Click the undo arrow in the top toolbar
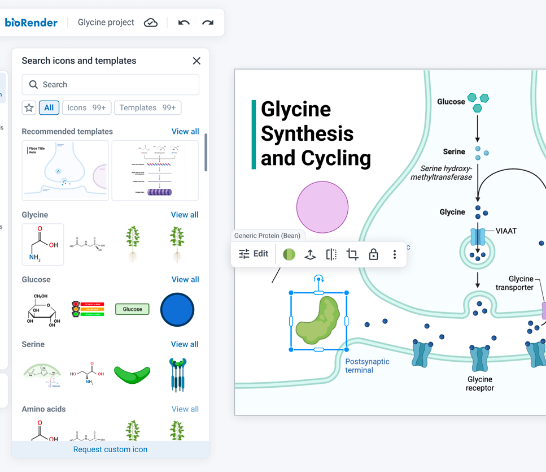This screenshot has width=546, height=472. point(184,23)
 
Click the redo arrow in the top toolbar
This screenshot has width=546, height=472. point(208,23)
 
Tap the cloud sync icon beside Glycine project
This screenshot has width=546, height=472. point(151,23)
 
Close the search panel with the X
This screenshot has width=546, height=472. point(196,61)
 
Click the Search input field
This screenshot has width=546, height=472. point(111,85)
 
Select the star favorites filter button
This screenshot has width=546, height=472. point(29,107)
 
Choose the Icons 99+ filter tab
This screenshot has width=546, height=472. point(86,107)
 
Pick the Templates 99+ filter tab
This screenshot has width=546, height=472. point(147,107)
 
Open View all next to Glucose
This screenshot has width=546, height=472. point(185,279)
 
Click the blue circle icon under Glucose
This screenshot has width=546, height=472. point(177,310)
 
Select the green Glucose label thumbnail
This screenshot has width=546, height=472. point(132,309)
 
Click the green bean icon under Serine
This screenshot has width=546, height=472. point(132,374)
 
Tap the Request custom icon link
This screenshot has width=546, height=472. point(110,449)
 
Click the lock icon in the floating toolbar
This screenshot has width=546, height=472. point(373,254)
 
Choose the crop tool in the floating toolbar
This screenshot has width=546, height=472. point(352,254)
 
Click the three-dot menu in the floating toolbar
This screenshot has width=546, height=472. point(395,254)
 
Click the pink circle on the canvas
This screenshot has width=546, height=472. point(322,207)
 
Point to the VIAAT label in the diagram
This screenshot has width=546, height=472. point(506,231)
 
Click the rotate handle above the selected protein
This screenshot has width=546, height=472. point(319,279)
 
